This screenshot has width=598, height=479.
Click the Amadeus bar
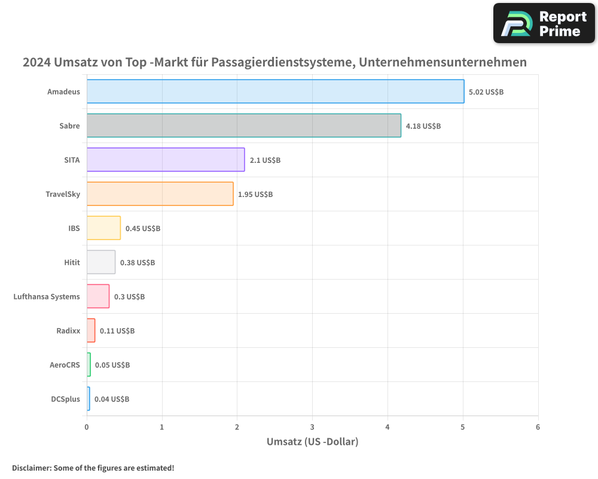pyautogui.click(x=275, y=92)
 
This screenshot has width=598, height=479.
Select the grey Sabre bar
pyautogui.click(x=243, y=126)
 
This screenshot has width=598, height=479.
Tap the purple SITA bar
pyautogui.click(x=166, y=160)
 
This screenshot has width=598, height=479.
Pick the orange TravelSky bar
pyautogui.click(x=160, y=194)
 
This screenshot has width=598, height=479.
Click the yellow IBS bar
pyautogui.click(x=103, y=228)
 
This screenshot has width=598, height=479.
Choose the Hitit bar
pyautogui.click(x=101, y=262)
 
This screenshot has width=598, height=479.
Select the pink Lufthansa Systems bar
pyautogui.click(x=98, y=296)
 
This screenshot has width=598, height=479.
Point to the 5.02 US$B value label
pyautogui.click(x=486, y=92)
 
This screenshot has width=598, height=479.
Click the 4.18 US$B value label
pyautogui.click(x=423, y=126)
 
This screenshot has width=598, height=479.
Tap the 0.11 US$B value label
pyautogui.click(x=117, y=331)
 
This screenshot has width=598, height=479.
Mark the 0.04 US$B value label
pyautogui.click(x=112, y=399)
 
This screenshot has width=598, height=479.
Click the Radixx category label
pyautogui.click(x=68, y=331)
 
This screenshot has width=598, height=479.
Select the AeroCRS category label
pyautogui.click(x=65, y=365)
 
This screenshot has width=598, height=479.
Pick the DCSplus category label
pyautogui.click(x=65, y=399)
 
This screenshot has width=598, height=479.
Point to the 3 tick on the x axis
pyautogui.click(x=312, y=427)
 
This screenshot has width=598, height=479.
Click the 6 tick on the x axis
pyautogui.click(x=538, y=427)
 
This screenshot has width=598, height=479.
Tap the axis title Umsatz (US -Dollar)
pyautogui.click(x=312, y=442)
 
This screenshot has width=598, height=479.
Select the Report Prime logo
pyautogui.click(x=544, y=23)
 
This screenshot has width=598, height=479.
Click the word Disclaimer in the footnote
pyautogui.click(x=30, y=468)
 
